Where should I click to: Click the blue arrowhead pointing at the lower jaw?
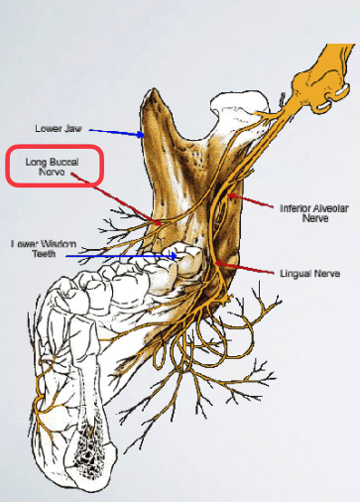point(144,135)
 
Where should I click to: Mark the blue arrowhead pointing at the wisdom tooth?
point(178,255)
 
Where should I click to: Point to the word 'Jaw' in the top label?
point(72,129)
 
